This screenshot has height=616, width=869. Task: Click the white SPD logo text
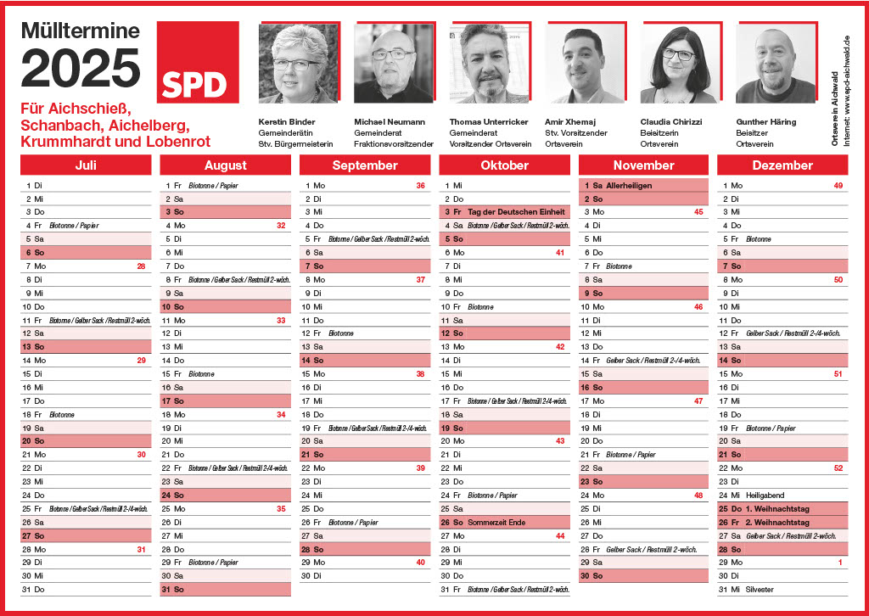[x=193, y=84]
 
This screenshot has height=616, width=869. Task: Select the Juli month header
[x=86, y=165]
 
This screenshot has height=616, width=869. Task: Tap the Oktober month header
[x=504, y=165]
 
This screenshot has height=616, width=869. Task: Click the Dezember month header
[x=782, y=165]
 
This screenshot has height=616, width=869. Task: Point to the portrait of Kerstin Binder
[x=297, y=64]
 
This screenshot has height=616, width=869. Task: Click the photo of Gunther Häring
[x=775, y=64]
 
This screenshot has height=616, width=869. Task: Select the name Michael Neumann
[x=390, y=122]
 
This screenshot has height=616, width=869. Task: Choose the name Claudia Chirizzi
[x=671, y=122]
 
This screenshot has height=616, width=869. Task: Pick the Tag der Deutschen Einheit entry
[x=516, y=212]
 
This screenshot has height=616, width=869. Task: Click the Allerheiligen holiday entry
[x=629, y=185]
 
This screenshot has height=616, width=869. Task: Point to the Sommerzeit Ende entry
[x=508, y=522]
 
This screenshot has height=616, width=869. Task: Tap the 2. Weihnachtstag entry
[x=776, y=522]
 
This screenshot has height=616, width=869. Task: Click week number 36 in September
[x=420, y=185]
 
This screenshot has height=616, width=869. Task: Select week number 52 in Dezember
[x=838, y=468]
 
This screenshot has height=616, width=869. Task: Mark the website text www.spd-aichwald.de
[x=846, y=90]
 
